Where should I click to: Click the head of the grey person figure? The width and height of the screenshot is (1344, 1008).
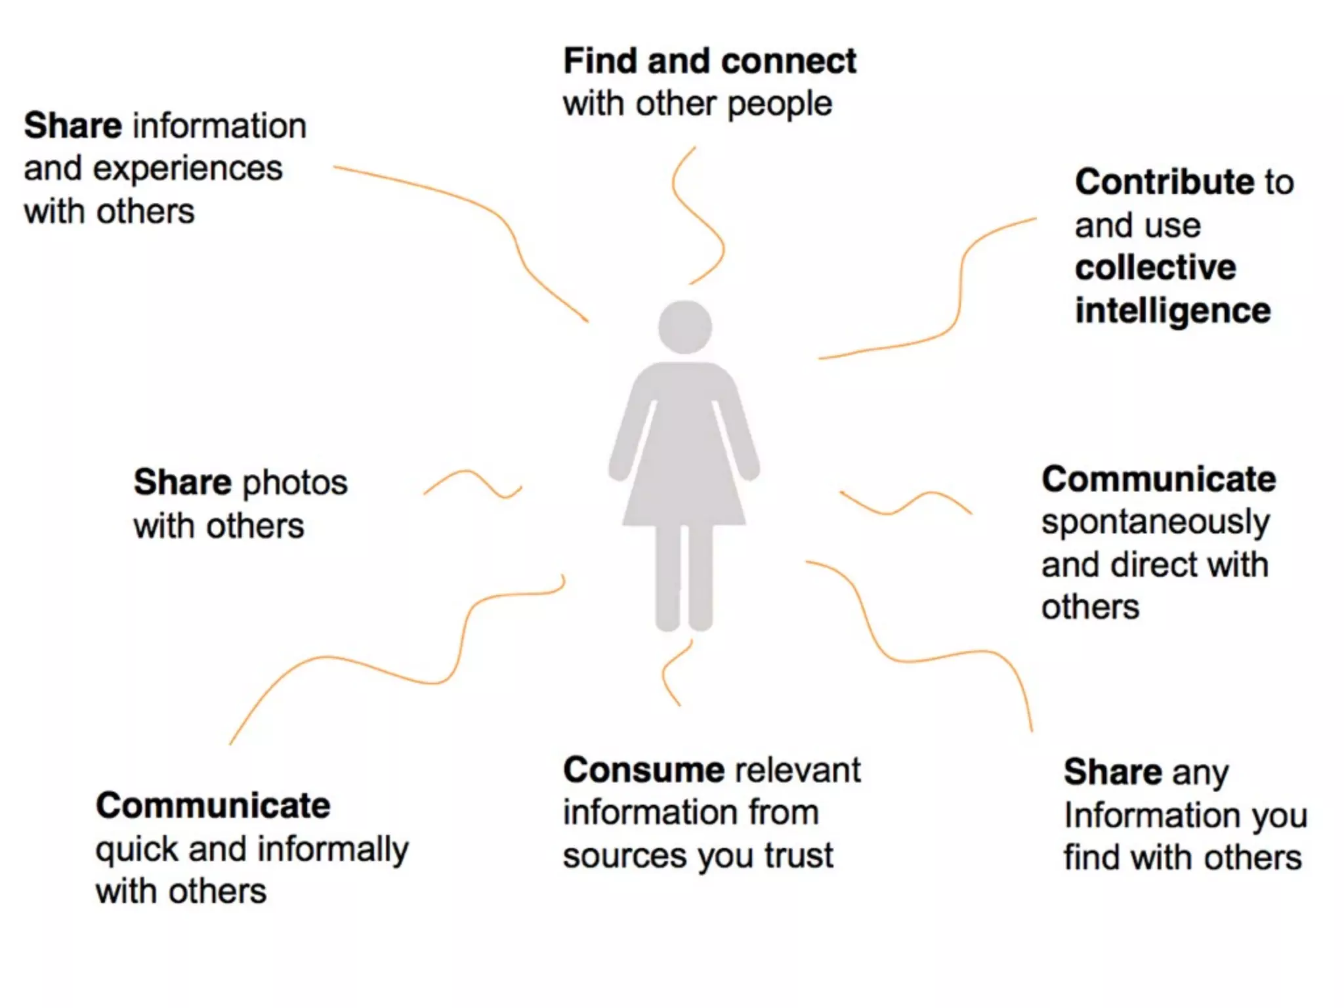click(x=685, y=327)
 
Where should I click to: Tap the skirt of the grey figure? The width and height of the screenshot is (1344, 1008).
click(x=684, y=486)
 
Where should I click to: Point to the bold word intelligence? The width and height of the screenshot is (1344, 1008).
click(x=1173, y=311)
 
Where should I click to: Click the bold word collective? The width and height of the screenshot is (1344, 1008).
click(x=1155, y=268)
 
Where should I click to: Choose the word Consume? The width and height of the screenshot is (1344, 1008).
click(x=643, y=770)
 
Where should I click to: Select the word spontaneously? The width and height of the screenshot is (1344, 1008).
click(x=1155, y=522)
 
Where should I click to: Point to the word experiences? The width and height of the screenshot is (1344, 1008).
click(x=188, y=169)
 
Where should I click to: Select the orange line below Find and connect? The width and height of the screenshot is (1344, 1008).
click(x=697, y=217)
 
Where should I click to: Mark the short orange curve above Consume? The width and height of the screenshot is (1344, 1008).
click(x=673, y=673)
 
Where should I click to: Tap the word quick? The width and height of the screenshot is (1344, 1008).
click(x=136, y=850)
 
